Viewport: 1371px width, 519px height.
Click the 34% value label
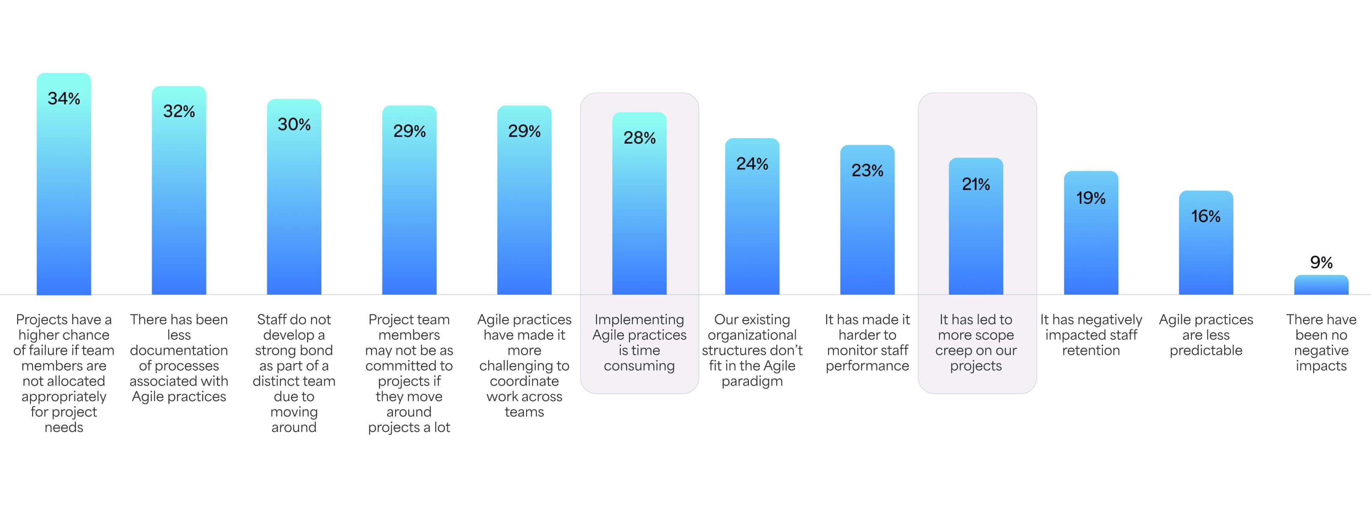64,99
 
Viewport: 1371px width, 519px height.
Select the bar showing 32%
179,202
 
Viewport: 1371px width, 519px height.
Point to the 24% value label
752,163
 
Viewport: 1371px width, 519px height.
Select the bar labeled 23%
867,229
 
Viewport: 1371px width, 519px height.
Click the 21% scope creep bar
976,240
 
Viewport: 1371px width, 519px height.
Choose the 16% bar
1206,250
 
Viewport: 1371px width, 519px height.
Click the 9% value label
1321,262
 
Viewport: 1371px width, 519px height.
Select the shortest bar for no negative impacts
1321,285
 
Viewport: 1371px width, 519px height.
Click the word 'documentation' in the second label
179,350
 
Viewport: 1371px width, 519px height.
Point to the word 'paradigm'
752,381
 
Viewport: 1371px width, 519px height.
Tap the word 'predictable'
1206,350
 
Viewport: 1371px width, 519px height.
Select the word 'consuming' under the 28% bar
639,365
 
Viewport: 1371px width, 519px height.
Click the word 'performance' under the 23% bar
867,365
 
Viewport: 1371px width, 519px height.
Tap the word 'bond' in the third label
316,350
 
